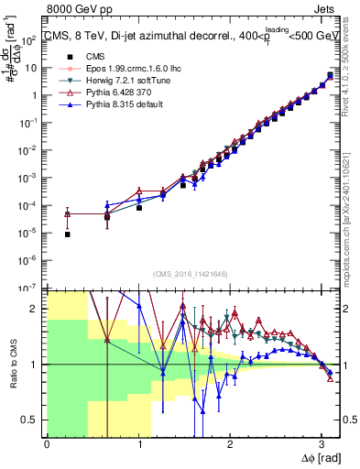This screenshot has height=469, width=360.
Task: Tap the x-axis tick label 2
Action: [x=229, y=444]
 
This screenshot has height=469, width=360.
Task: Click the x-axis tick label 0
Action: [x=47, y=444]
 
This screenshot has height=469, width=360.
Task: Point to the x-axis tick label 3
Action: [x=321, y=444]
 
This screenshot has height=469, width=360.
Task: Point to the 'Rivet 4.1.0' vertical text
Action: [x=352, y=64]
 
